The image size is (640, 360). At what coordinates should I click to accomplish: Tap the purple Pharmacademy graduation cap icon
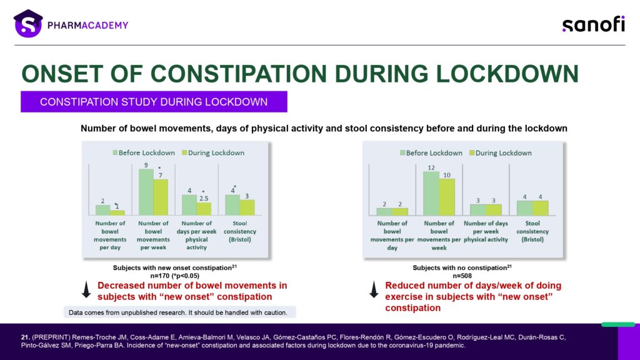pos(27,24)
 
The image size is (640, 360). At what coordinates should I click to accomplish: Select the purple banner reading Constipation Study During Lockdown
pos(154,102)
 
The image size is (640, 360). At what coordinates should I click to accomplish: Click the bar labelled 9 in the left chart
pos(146,192)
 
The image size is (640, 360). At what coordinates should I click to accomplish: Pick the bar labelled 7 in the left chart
pos(161,197)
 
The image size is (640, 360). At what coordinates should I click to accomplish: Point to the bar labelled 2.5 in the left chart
pos(204,208)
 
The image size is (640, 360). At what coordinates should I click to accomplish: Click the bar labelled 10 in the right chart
pos(446,197)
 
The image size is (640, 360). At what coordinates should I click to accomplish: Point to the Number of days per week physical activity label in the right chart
pos(486,231)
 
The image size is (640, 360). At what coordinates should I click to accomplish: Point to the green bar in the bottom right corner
pos(617,324)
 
